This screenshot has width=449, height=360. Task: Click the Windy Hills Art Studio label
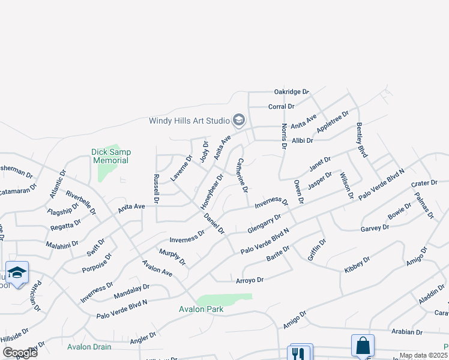[190, 121]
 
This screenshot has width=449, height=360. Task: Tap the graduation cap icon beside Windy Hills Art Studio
[238, 121]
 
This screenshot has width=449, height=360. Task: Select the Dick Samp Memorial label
[110, 156]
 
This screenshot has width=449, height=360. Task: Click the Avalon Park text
[201, 310]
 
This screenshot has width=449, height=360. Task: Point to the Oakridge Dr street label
[291, 92]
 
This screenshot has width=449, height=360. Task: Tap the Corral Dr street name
[282, 106]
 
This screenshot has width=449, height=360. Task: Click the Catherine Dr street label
[242, 175]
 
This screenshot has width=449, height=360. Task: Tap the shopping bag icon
[363, 346]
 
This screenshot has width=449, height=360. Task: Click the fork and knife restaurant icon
[298, 353]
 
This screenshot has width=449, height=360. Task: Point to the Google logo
[20, 352]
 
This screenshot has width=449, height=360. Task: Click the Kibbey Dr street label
[357, 264]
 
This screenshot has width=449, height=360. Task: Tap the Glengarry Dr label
[264, 224]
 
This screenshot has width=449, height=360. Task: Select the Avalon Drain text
[89, 347]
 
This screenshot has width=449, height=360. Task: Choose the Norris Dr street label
[284, 136]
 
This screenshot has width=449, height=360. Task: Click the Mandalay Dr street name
[131, 291]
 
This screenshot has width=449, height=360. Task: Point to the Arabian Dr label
[406, 332]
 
